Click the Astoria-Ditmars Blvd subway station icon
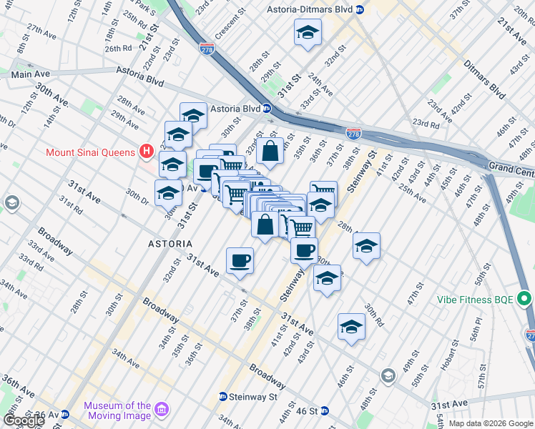(361, 10)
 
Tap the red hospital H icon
(147, 152)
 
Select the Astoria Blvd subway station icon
(266, 109)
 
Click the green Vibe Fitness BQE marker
(524, 298)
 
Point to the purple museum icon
(162, 410)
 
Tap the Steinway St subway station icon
(223, 396)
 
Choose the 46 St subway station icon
(324, 411)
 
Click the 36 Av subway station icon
(65, 414)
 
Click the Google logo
(24, 420)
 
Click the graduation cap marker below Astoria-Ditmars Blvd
(308, 33)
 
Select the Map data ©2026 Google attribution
(490, 423)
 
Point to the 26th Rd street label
(118, 49)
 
